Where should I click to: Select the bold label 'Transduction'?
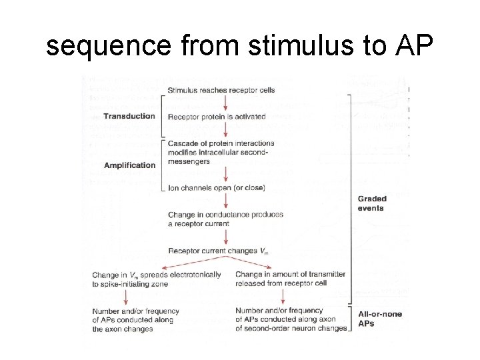pyautogui.click(x=130, y=116)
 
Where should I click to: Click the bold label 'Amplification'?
pyautogui.click(x=130, y=165)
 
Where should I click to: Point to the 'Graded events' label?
pyautogui.click(x=372, y=203)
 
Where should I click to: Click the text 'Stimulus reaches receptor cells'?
pyautogui.click(x=221, y=90)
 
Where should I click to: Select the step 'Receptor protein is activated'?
pyautogui.click(x=217, y=117)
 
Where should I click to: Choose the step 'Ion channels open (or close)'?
pyautogui.click(x=216, y=188)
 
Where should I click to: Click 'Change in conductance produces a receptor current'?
pyautogui.click(x=225, y=219)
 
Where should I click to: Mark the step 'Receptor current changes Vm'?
pyautogui.click(x=218, y=251)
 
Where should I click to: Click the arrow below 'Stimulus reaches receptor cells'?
pyautogui.click(x=228, y=103)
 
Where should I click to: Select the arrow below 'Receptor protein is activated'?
pyautogui.click(x=228, y=130)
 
